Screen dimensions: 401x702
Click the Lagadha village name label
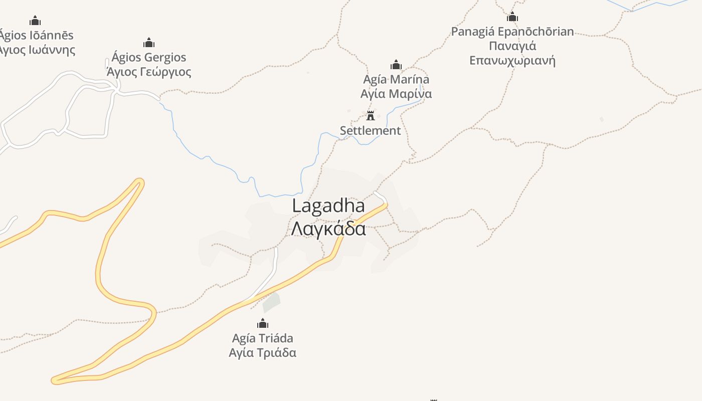point(328,206)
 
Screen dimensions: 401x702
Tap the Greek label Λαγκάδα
point(328,228)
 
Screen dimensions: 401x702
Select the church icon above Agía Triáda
point(263,323)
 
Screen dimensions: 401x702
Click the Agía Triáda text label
point(263,338)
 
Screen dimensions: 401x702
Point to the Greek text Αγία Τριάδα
point(263,352)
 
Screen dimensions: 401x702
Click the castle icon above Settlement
point(371,116)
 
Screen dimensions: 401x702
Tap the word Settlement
point(371,131)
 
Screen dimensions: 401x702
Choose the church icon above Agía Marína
point(396,65)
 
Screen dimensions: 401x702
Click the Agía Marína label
point(396,79)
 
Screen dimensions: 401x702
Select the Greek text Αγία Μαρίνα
point(396,94)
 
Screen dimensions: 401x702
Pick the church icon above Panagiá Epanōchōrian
point(512,17)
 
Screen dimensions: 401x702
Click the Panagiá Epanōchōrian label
point(512,32)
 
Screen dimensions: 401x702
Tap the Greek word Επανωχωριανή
point(512,61)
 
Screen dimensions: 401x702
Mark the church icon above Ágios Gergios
point(149,43)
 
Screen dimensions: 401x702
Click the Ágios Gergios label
point(149,57)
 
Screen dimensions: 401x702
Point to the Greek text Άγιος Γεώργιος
point(149,72)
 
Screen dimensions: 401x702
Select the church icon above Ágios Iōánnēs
point(35,21)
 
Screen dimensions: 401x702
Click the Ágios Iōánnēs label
point(36,36)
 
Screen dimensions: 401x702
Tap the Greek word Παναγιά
point(512,46)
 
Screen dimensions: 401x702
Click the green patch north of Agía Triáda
point(271,302)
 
